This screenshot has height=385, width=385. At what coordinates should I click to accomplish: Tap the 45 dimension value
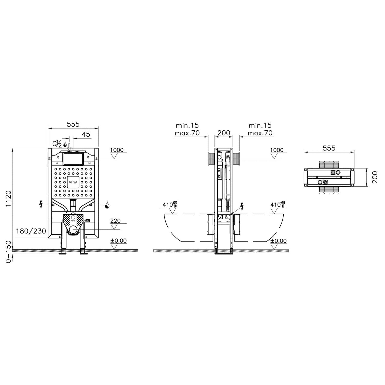click(86, 134)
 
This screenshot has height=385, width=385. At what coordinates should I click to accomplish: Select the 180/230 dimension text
click(31, 231)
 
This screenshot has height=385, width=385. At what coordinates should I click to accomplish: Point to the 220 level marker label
click(115, 221)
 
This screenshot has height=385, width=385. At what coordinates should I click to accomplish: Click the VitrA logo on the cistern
click(73, 182)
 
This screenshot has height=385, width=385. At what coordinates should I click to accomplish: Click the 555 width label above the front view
click(73, 124)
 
